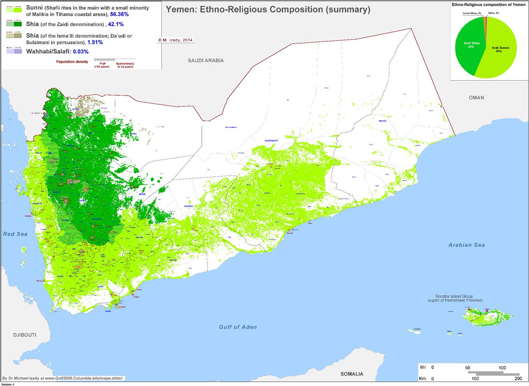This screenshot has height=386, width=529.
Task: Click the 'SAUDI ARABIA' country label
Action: click(206, 60)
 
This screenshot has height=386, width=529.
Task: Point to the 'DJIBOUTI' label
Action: click(19, 335)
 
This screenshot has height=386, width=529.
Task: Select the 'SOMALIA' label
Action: click(352, 374)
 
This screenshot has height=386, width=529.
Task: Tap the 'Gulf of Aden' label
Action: click(238, 327)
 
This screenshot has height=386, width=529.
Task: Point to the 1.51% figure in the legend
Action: click(95, 42)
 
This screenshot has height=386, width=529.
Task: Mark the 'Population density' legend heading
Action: click(72, 61)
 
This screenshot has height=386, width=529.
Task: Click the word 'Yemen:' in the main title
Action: click(181, 9)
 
